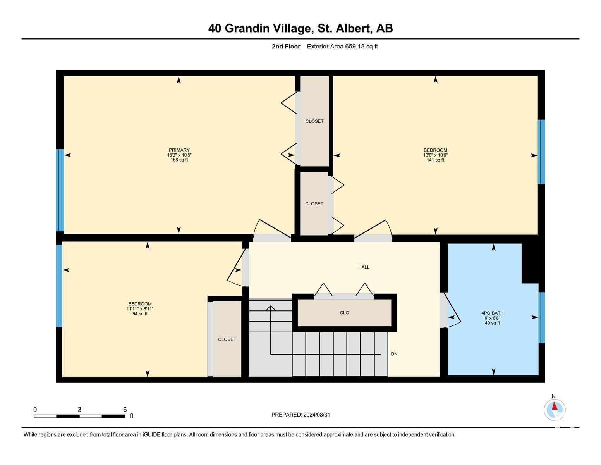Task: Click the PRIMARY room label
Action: pos(179,150)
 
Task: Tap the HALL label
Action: pos(364,267)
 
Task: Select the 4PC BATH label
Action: pos(492,313)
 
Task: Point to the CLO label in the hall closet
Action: pos(344,313)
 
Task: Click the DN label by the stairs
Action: pos(394,354)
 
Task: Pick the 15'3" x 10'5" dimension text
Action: pos(179,155)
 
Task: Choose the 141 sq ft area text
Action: pos(435,160)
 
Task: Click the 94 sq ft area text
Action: pos(140,314)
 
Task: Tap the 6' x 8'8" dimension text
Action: pos(492,318)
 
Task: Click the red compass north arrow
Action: pos(554,406)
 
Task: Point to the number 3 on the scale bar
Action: pos(79,410)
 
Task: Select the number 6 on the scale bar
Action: pos(125,410)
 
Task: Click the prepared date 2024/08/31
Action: pos(317,415)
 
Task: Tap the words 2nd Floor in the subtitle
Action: pos(286,46)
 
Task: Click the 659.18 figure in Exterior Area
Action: pos(355,46)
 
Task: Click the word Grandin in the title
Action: pos(247,28)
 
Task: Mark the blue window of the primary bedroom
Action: pos(60,190)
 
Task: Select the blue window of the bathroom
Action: pos(541,317)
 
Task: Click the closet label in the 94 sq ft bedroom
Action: pos(227,339)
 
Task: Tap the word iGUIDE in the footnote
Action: pos(151,434)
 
